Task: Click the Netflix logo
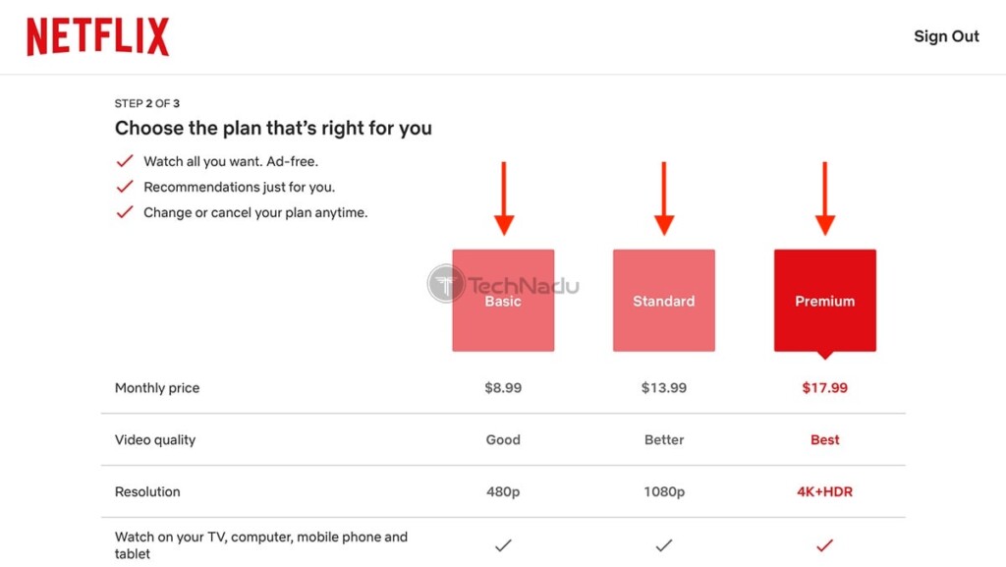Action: click(97, 36)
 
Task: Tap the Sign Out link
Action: click(946, 36)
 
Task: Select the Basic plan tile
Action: click(503, 300)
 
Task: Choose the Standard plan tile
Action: click(663, 300)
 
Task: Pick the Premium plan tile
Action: click(824, 300)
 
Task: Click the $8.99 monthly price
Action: click(503, 387)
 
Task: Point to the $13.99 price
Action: click(663, 387)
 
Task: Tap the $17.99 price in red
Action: click(824, 387)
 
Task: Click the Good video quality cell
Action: click(503, 439)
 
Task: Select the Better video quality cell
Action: click(663, 439)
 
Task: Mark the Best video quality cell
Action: click(824, 439)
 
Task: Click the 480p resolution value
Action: click(503, 492)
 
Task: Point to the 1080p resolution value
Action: click(663, 492)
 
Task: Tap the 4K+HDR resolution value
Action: click(824, 492)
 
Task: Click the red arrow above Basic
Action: click(504, 198)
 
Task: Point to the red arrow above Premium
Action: click(825, 198)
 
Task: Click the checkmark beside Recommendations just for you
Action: click(125, 187)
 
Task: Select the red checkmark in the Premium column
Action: click(824, 545)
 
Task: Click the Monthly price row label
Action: click(157, 388)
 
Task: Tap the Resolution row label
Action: click(147, 492)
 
